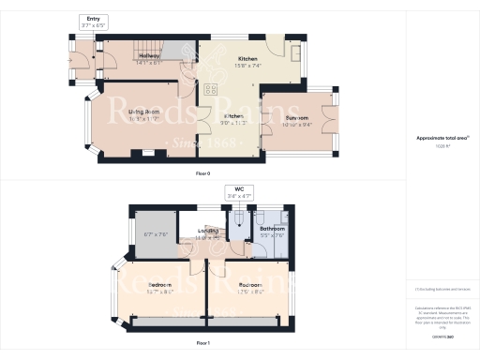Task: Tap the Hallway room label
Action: [x=123, y=59]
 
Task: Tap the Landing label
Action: [x=207, y=234]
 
